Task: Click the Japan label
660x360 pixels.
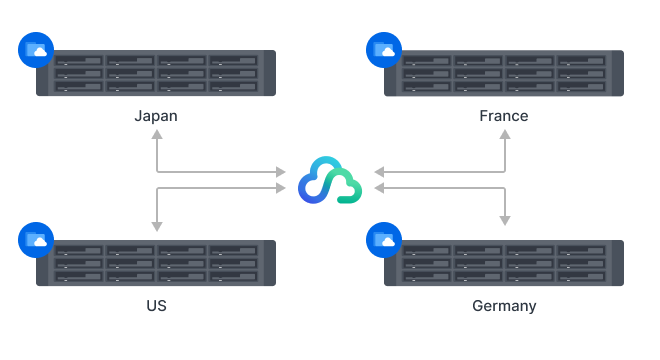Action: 156,116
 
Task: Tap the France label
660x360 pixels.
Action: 503,116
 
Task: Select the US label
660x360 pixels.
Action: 156,305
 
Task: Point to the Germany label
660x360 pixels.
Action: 504,305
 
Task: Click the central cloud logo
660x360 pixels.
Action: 329,180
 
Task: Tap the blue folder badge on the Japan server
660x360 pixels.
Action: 36,50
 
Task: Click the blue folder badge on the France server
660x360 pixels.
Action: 383,50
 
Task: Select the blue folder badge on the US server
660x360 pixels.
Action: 36,240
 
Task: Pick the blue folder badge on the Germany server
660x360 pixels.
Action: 383,240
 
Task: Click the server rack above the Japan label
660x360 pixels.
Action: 156,73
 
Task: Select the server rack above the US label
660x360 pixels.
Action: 156,263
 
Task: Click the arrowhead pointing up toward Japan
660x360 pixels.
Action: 156,134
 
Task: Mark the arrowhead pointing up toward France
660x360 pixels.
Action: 504,134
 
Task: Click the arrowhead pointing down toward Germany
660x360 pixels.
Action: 504,220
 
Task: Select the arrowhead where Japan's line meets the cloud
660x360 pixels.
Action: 281,172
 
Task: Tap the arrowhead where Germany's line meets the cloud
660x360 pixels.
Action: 378,187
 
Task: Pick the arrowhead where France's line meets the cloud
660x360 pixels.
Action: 378,172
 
